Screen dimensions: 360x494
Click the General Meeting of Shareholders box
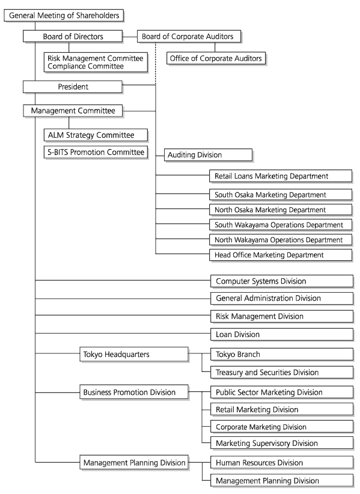pos(64,16)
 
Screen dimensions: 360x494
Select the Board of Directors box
pos(73,36)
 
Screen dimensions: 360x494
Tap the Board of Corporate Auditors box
pos(189,36)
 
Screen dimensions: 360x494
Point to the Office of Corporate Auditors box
pos(216,59)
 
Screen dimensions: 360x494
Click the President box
pos(73,87)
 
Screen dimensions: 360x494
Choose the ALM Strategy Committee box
pos(96,135)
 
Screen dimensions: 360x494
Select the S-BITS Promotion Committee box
pos(96,153)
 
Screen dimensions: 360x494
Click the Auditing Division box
pos(209,155)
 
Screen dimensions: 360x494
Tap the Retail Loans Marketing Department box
pos(281,176)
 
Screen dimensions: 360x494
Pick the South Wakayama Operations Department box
pos(281,225)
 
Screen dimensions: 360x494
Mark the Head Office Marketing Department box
pos(281,255)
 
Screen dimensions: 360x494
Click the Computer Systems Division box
pos(282,281)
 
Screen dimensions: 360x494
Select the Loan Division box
pos(282,335)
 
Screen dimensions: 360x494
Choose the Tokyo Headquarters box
pos(134,355)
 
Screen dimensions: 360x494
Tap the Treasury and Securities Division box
pos(282,373)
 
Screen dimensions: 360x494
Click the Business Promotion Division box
pos(134,392)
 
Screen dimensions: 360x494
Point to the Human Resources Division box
pos(282,463)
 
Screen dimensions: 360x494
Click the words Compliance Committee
pos(86,67)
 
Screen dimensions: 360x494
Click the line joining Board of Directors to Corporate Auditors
pos(130,37)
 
